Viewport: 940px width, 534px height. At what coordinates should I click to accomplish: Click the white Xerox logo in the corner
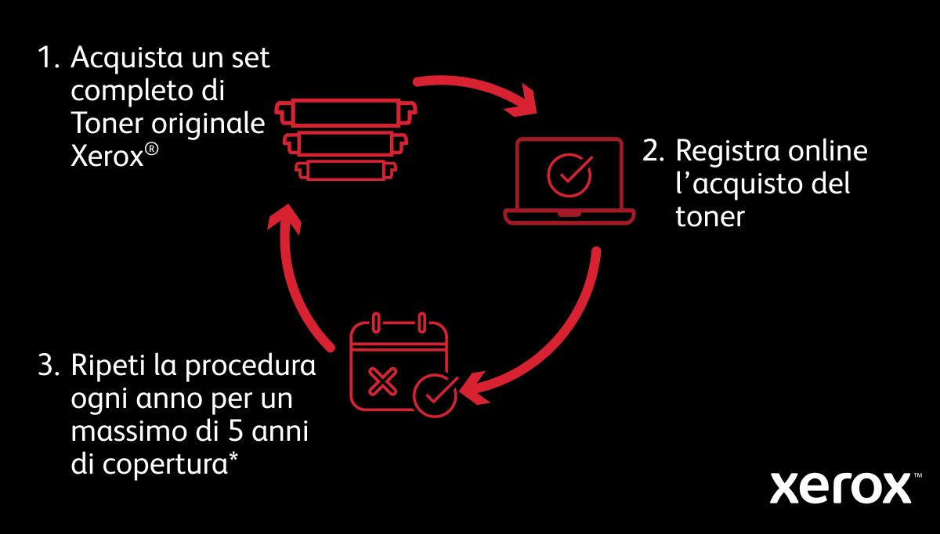pyautogui.click(x=840, y=488)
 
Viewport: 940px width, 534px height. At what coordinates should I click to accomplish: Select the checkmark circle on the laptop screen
pyautogui.click(x=569, y=173)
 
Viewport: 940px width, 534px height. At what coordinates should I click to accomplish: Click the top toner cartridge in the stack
pyautogui.click(x=346, y=113)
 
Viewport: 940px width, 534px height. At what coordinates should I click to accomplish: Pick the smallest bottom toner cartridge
pyautogui.click(x=346, y=169)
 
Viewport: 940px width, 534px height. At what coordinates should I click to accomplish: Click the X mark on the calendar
pyautogui.click(x=381, y=383)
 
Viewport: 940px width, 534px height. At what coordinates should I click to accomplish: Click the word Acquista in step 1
pyautogui.click(x=123, y=59)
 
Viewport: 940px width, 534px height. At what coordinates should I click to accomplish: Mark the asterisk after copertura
pyautogui.click(x=233, y=458)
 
